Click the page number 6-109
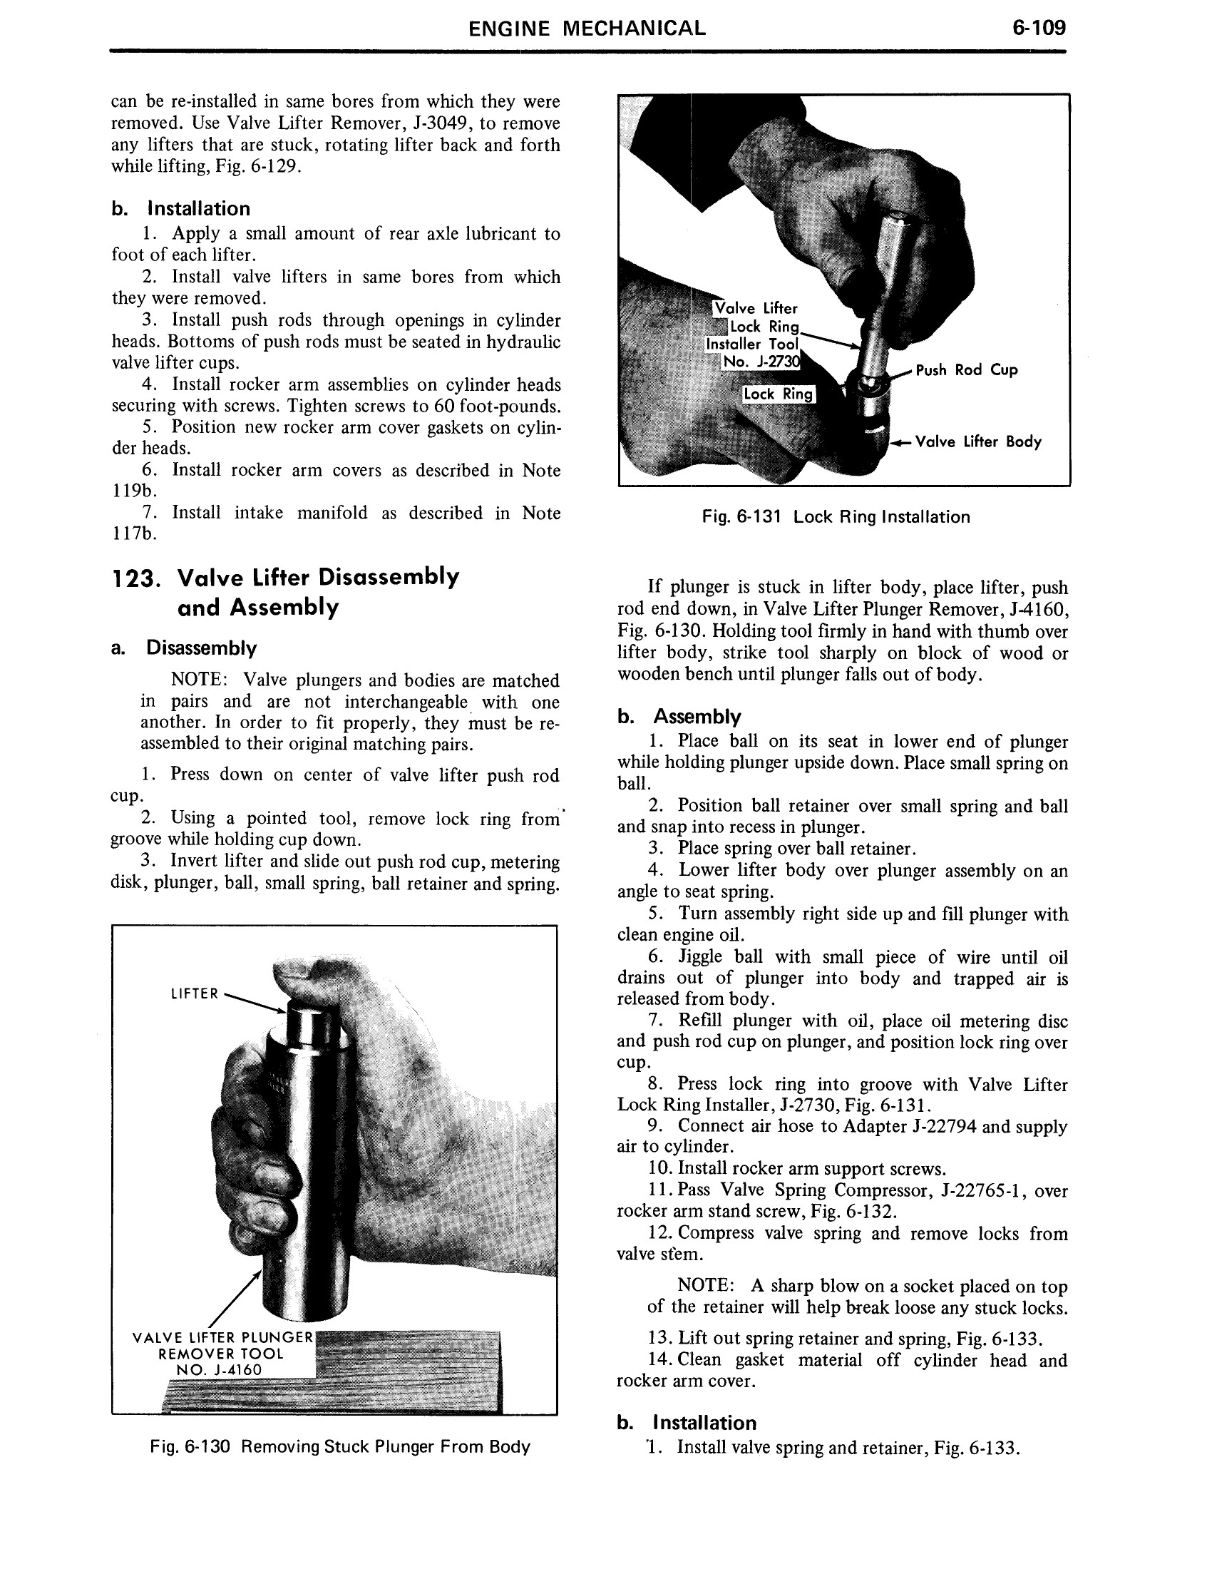pos(1038,29)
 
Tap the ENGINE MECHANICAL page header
pos(587,29)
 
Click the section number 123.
pos(135,578)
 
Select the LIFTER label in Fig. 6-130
pos(194,993)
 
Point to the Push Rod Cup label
pos(967,370)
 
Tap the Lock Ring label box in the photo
pos(779,394)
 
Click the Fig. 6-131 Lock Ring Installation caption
pos(836,517)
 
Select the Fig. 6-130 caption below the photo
pos(339,1447)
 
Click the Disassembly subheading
pos(201,648)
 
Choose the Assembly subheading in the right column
pos(697,717)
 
